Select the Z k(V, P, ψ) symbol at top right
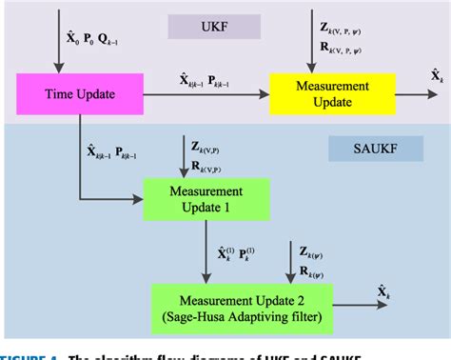343,24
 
